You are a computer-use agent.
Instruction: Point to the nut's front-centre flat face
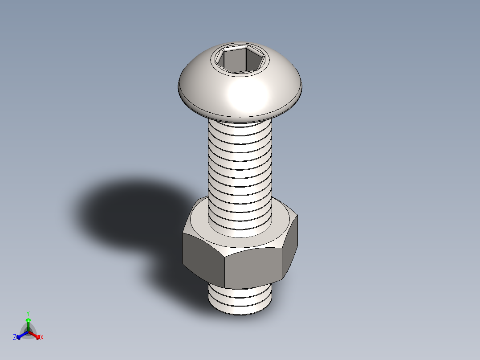253,267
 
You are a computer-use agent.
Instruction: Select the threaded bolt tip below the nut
240,299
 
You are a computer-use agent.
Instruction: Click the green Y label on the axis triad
28,313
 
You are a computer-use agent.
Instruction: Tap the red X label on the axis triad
42,338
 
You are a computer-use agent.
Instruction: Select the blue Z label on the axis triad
15,338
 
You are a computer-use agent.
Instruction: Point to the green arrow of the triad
28,323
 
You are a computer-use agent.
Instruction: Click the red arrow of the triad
36,335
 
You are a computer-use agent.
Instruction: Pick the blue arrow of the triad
20,335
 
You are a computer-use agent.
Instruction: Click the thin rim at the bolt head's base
240,110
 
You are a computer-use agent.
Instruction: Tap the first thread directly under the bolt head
240,125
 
